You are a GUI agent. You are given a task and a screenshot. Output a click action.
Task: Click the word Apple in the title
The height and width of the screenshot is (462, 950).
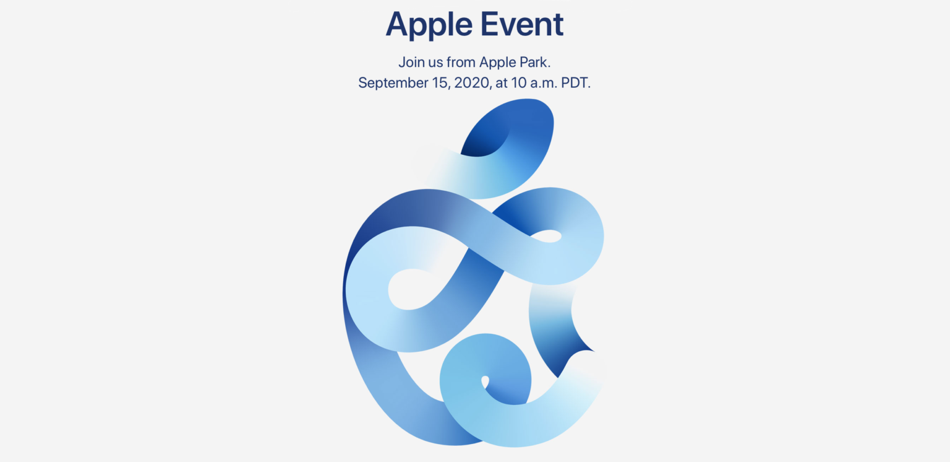click(429, 25)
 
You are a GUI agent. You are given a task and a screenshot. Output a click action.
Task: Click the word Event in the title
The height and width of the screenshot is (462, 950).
click(522, 24)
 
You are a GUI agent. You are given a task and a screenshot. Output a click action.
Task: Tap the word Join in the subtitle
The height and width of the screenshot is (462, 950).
click(412, 63)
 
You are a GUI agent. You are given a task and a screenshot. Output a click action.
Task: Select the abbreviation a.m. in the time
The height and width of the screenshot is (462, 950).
click(543, 83)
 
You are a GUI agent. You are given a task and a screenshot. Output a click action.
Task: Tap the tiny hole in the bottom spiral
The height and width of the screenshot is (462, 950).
click(485, 381)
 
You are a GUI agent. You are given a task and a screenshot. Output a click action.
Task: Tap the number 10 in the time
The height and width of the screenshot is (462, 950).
click(519, 82)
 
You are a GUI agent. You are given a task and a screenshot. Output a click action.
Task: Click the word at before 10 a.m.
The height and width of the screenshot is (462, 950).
click(502, 83)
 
